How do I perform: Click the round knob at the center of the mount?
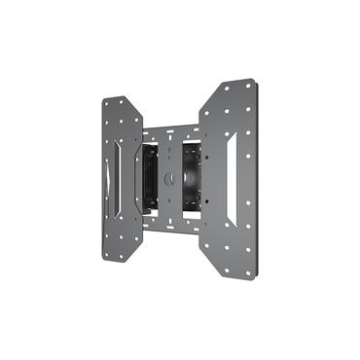(170, 178)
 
